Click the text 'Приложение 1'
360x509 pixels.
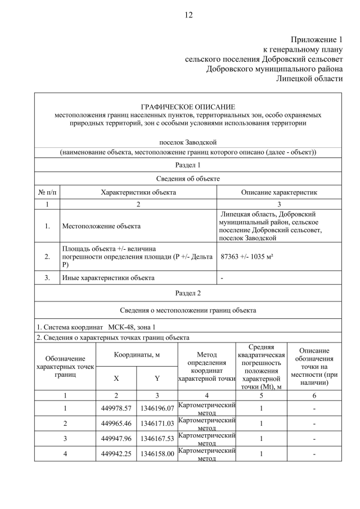(316, 39)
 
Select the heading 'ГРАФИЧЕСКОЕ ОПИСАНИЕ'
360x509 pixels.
(188, 107)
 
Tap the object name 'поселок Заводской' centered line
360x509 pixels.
(188, 142)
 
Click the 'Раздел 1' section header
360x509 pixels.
(188, 165)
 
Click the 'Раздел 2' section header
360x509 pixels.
(188, 293)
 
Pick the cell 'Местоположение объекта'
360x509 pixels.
(101, 226)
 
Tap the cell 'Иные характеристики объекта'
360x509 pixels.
(108, 277)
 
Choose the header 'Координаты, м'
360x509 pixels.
(137, 356)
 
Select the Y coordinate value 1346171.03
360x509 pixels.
(157, 422)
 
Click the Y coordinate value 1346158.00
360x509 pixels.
(157, 453)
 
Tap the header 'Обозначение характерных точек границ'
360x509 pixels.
(65, 366)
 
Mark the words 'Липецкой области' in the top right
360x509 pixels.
(309, 78)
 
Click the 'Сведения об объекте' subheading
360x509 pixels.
(188, 178)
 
